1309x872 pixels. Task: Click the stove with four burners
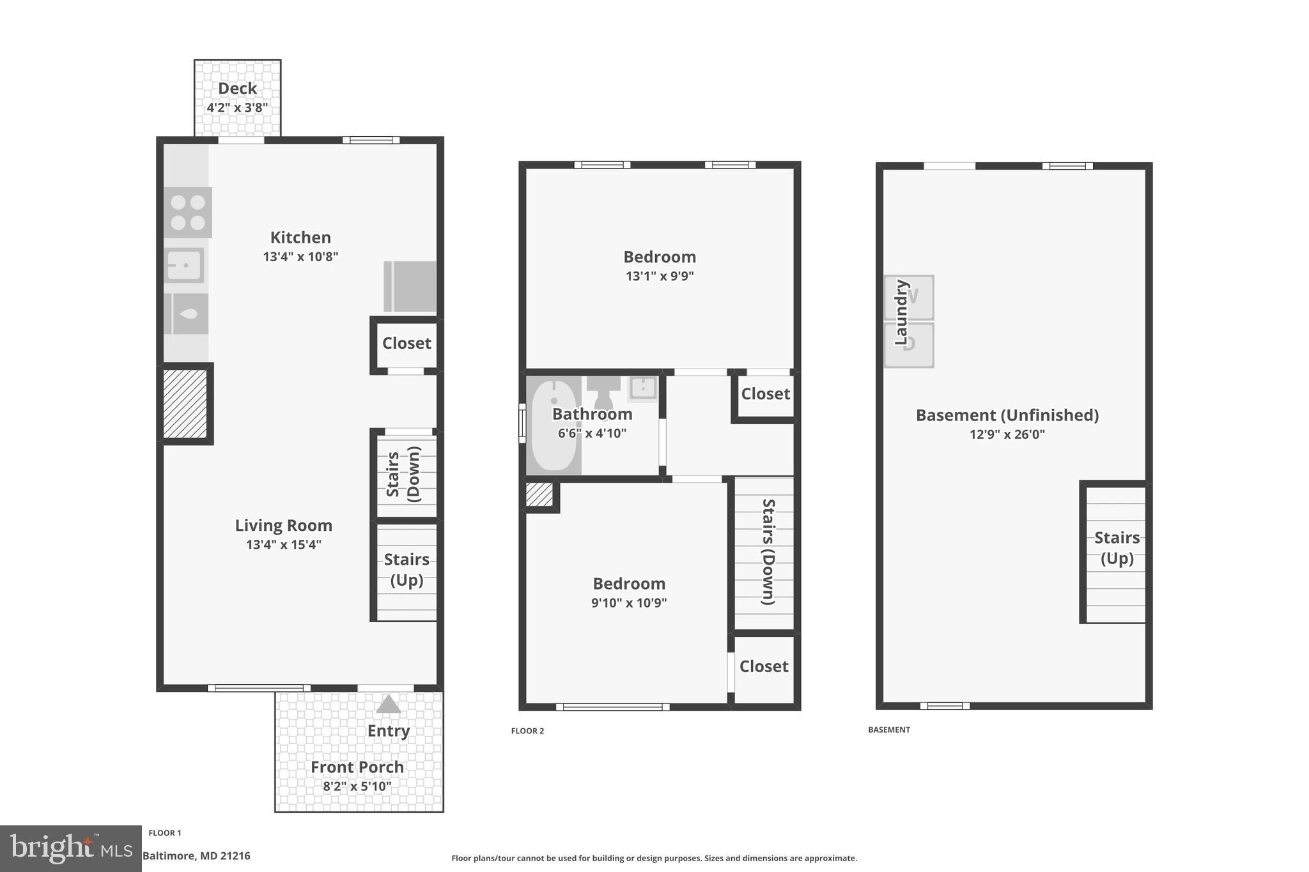[x=188, y=213]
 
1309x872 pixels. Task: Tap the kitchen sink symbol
[x=185, y=265]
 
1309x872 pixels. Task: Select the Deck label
[x=237, y=89]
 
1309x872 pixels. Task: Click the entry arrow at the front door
[x=388, y=705]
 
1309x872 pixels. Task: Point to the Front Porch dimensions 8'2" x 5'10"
[x=357, y=786]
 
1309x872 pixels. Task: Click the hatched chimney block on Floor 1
[x=185, y=404]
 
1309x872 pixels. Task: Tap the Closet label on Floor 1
[x=407, y=344]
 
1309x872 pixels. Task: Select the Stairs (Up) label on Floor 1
[x=407, y=570]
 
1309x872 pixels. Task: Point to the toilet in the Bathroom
[x=603, y=391]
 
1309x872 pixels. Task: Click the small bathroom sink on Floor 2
[x=642, y=388]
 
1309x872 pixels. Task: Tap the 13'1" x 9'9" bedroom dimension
[x=660, y=277]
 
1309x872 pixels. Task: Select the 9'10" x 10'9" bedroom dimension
[x=629, y=603]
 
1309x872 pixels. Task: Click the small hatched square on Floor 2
[x=539, y=495]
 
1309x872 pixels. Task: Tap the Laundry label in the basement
[x=901, y=312]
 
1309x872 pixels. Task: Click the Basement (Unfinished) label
[x=1007, y=415]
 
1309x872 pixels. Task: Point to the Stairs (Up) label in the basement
[x=1117, y=548]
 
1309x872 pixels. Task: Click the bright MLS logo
[x=71, y=848]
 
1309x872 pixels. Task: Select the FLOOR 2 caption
[x=527, y=731]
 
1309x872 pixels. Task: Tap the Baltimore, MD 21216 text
[x=196, y=856]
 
